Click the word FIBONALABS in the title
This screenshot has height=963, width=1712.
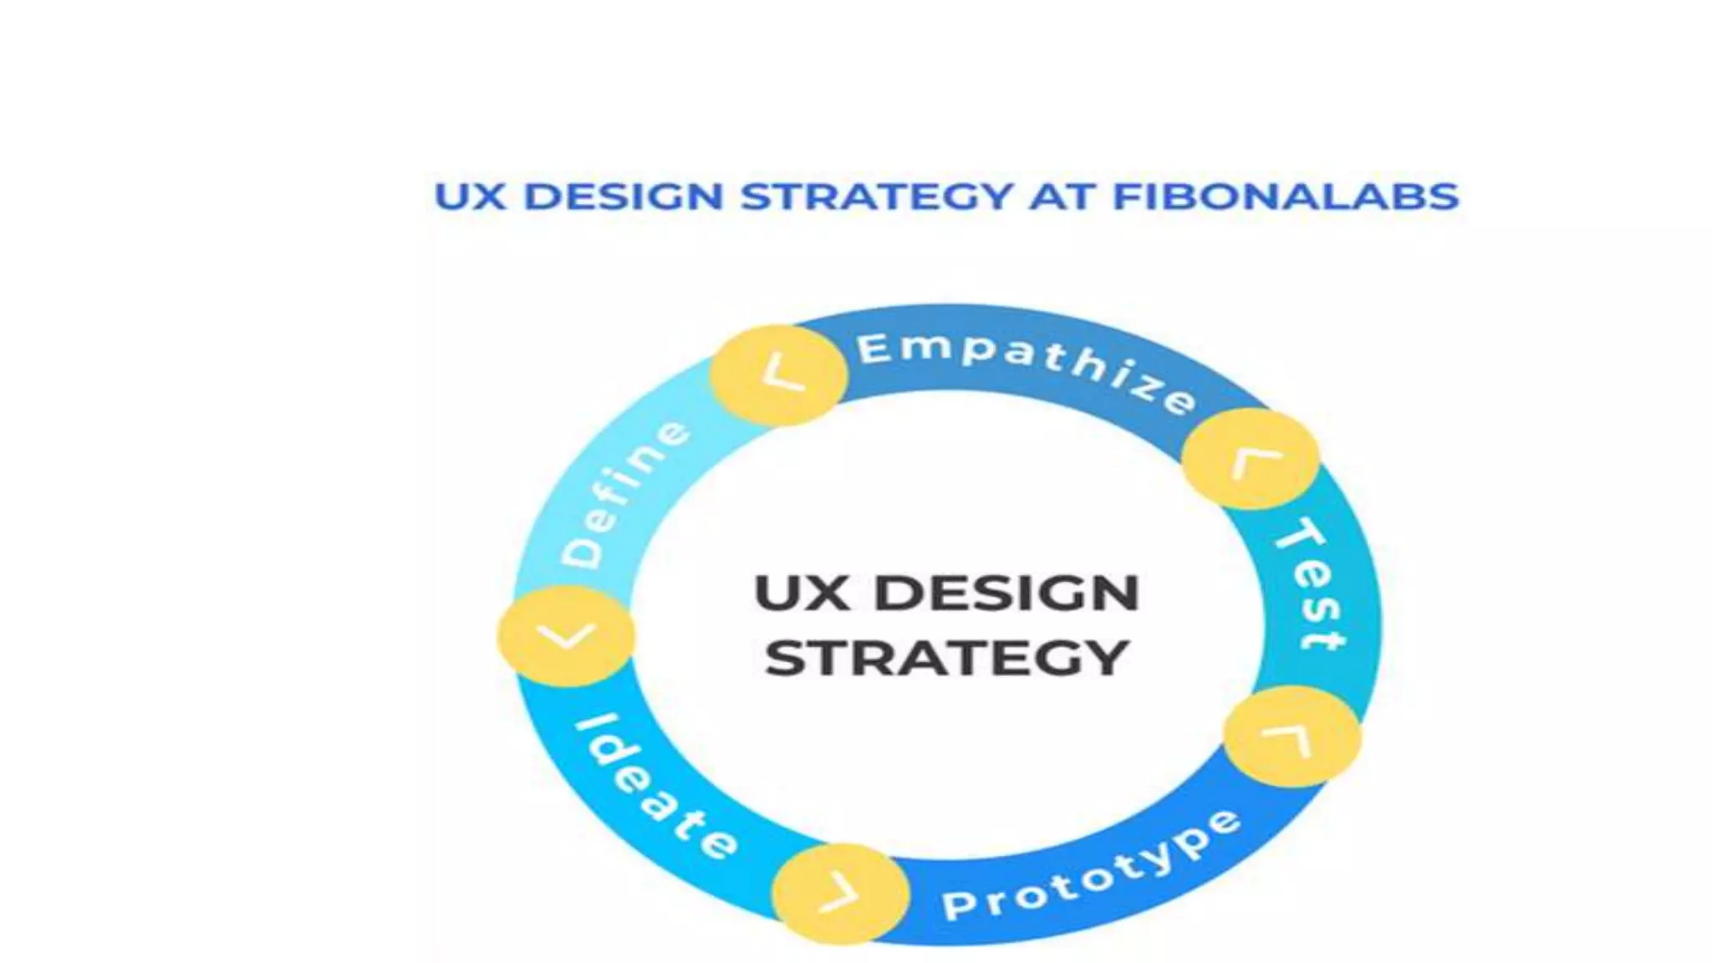pos(1286,197)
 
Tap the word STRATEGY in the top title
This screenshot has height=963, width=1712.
pos(877,197)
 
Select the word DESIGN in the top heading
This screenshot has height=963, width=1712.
pos(623,197)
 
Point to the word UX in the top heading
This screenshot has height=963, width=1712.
pos(471,197)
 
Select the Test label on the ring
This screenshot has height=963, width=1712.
pos(1312,583)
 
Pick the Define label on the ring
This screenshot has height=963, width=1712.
pos(624,494)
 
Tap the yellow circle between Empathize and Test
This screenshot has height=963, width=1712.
pos(1251,459)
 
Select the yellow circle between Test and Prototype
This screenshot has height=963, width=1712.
pos(1292,736)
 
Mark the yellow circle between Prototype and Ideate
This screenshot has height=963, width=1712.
pos(840,894)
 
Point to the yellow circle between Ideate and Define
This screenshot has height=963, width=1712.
pos(566,636)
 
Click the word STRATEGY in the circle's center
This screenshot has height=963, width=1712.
pos(947,659)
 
